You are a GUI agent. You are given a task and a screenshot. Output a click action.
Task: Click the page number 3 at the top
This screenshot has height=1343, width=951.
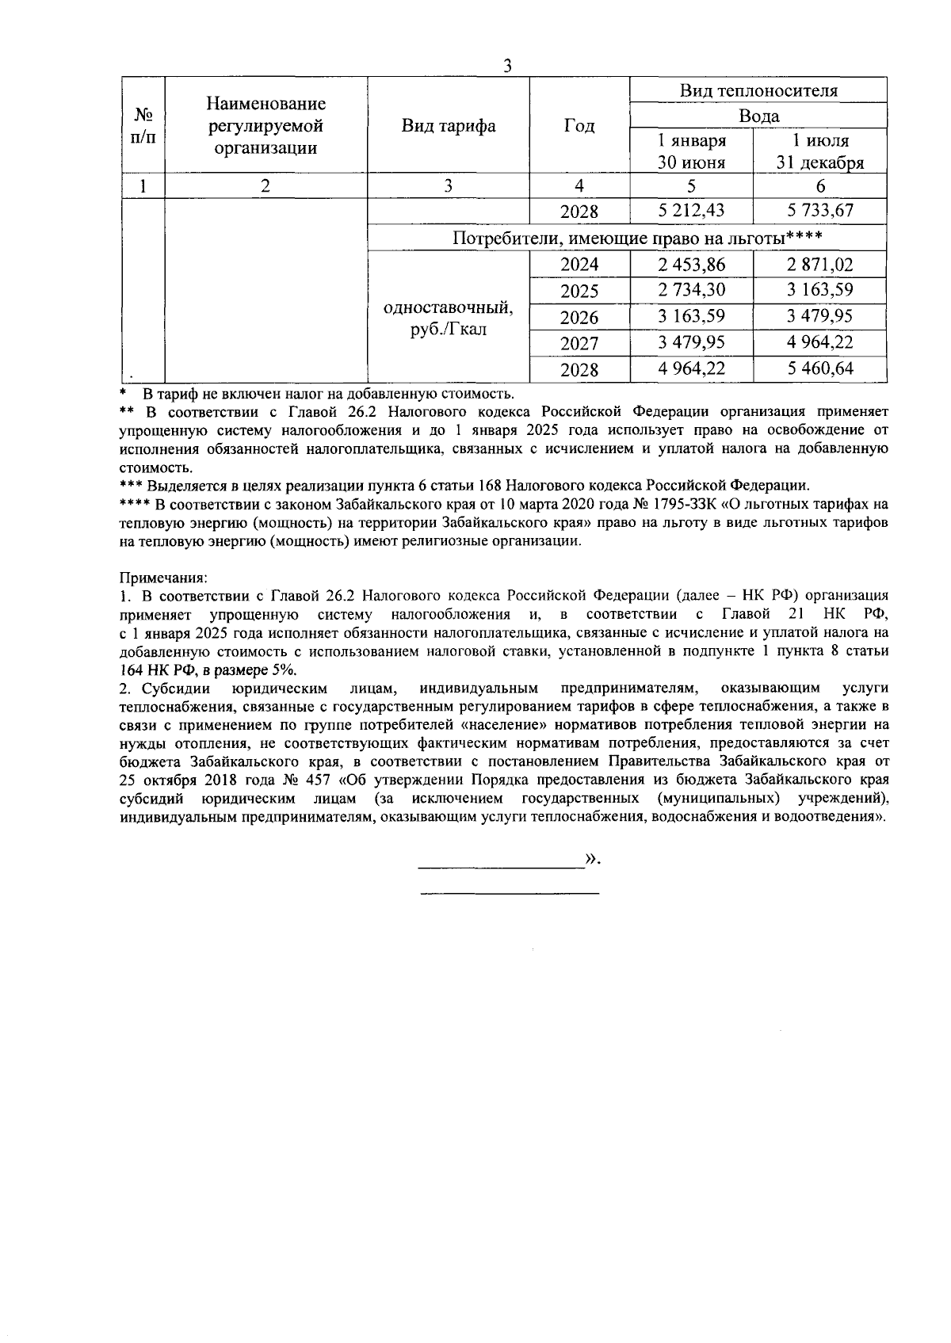point(507,66)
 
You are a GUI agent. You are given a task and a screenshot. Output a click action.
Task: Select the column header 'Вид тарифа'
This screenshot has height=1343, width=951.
point(449,125)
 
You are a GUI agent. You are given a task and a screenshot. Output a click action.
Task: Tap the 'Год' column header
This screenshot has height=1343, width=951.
point(579,125)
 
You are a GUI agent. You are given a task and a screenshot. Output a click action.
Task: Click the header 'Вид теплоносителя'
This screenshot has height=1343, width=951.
point(758,90)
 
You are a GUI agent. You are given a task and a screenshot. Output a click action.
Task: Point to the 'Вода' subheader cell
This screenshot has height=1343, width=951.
point(758,116)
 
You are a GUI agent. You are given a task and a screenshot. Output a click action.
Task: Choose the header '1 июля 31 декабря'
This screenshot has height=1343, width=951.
point(820,151)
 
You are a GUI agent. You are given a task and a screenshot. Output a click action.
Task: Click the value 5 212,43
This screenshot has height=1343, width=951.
point(691,211)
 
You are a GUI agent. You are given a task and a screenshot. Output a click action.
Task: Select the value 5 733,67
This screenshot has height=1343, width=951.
point(820,211)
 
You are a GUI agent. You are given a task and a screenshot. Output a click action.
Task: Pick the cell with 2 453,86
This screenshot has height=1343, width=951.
point(691,265)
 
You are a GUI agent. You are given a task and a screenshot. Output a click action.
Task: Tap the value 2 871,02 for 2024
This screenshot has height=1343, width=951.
point(820,265)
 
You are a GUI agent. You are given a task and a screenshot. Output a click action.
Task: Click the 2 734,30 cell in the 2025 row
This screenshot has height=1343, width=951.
point(691,290)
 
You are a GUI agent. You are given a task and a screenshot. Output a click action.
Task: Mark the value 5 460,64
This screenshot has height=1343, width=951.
point(820,368)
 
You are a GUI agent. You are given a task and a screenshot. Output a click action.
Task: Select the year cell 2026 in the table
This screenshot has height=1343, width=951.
point(579,318)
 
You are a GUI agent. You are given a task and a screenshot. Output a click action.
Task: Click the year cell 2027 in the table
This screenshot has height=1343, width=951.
point(579,343)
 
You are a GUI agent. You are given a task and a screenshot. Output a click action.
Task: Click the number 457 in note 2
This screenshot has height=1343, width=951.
point(315,779)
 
